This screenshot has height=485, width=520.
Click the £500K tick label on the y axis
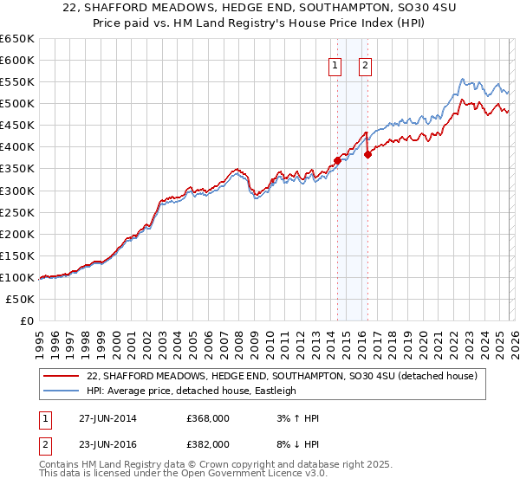pos(17,104)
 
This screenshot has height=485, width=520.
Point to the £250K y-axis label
pos(17,212)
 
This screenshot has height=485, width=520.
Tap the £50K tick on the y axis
pos(21,299)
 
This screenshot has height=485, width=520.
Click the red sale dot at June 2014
pos(337,160)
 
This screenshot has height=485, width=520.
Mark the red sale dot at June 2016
pos(367,155)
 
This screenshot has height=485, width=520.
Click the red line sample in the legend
pos(61,376)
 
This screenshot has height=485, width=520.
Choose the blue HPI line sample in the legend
pos(61,391)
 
